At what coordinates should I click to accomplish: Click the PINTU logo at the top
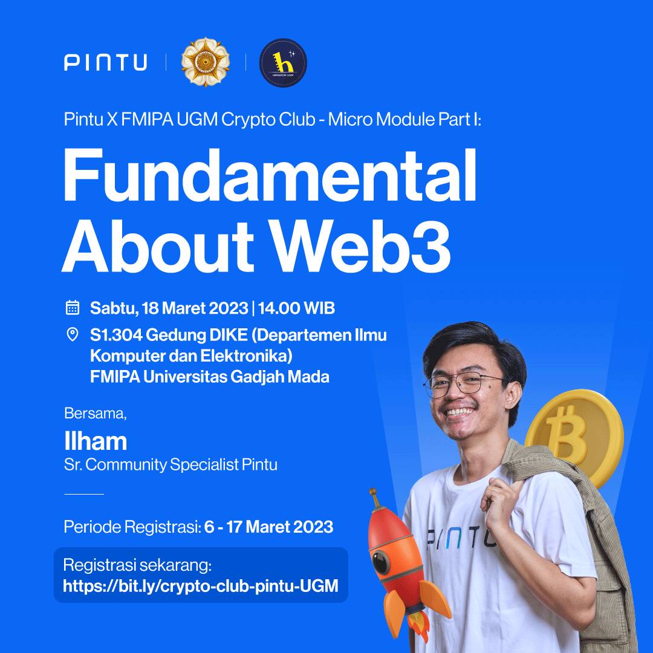click(x=105, y=62)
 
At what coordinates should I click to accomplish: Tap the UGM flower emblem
click(x=206, y=62)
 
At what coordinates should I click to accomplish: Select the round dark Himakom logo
click(x=283, y=63)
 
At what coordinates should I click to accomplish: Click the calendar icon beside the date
click(x=73, y=308)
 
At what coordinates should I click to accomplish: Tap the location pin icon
click(x=73, y=334)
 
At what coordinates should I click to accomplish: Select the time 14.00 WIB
click(x=296, y=308)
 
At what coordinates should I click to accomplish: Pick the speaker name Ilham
click(x=96, y=441)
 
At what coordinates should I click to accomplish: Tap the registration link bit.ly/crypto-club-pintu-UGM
click(x=200, y=585)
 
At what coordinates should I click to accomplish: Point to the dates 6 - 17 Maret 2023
click(x=268, y=527)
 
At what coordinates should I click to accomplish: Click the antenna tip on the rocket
click(x=373, y=493)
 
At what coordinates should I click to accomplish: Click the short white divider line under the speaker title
click(x=84, y=494)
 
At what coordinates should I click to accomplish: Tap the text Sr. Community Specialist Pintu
click(x=171, y=465)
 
